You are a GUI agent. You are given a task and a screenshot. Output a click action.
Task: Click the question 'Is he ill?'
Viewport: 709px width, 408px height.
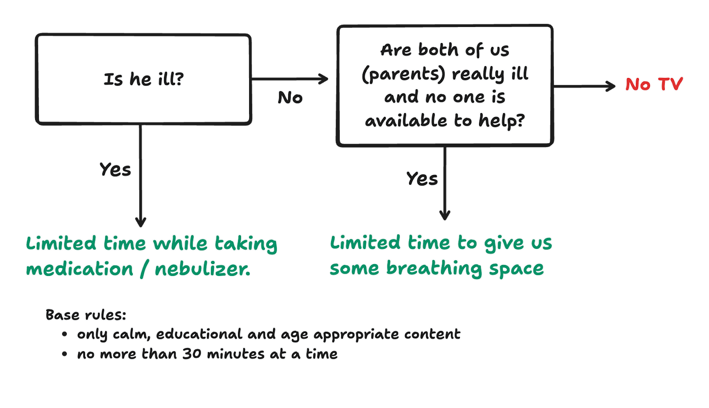143,79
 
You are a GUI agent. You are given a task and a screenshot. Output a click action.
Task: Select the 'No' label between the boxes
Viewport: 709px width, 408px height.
290,97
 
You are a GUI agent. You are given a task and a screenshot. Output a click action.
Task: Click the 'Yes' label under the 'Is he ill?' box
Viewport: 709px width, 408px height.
115,170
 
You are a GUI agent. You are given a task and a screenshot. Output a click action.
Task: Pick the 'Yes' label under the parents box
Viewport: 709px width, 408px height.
422,179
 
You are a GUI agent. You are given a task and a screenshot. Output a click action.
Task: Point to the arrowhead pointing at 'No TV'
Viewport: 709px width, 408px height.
612,86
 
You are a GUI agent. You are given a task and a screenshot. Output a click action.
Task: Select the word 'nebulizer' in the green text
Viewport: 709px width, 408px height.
202,269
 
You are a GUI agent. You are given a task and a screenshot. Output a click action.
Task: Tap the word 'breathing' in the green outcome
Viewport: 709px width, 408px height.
434,268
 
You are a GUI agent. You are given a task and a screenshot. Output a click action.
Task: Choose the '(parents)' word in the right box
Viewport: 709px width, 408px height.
403,74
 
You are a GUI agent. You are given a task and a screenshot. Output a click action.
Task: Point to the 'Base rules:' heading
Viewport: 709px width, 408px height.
86,315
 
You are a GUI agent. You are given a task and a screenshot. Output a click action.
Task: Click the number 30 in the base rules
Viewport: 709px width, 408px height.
192,354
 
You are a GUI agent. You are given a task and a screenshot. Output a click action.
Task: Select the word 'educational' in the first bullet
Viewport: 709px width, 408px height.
199,334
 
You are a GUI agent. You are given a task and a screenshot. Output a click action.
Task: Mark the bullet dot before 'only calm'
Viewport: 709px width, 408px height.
65,334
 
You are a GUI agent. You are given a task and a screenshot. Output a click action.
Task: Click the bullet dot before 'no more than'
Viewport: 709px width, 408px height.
65,354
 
